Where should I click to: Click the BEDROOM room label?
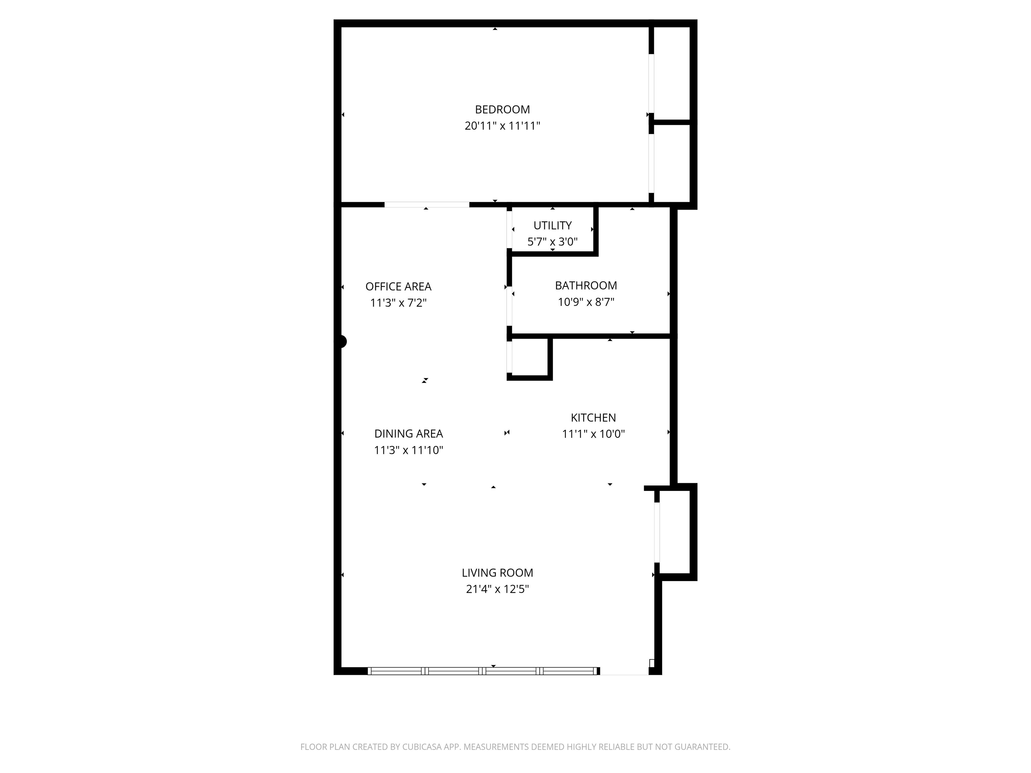(x=502, y=109)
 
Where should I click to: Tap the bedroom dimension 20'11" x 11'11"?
(x=502, y=126)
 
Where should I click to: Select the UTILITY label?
(x=552, y=225)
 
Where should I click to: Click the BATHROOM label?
(x=586, y=286)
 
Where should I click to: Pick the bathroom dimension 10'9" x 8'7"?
(x=586, y=302)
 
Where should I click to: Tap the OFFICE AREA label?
(x=398, y=287)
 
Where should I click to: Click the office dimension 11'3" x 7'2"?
(x=398, y=303)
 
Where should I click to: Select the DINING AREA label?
(x=409, y=434)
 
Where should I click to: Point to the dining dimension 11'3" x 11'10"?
(x=409, y=450)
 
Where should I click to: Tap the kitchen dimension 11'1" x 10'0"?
(x=593, y=434)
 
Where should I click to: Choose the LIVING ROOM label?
(x=497, y=573)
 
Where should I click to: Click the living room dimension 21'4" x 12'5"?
(x=497, y=589)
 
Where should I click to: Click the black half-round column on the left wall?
(x=343, y=342)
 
